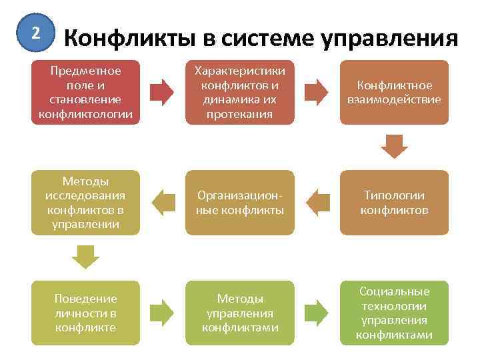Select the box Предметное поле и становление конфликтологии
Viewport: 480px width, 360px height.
click(85, 92)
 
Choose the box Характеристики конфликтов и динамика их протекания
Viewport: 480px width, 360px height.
click(239, 92)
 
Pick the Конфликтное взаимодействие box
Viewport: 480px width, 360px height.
click(394, 92)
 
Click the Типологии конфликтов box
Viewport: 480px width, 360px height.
click(394, 203)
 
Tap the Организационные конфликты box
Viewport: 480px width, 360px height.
click(239, 203)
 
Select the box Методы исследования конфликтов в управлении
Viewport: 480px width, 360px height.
click(85, 203)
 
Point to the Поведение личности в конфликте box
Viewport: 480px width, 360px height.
click(85, 313)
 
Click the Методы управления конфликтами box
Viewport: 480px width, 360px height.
click(239, 313)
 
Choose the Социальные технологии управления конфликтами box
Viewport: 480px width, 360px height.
click(394, 313)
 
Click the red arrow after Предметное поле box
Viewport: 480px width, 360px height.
click(162, 92)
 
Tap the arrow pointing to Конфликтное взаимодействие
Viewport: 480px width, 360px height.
click(317, 92)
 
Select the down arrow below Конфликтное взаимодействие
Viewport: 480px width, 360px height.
click(394, 146)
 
